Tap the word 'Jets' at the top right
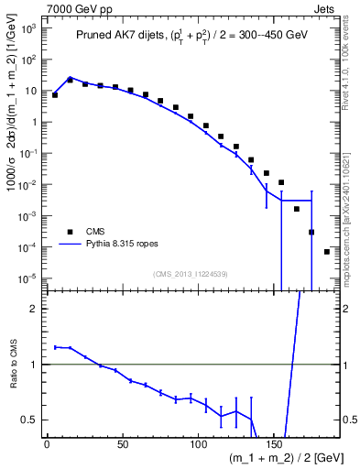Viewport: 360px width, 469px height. [326, 7]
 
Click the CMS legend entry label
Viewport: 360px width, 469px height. [95, 232]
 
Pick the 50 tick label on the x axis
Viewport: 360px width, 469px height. [122, 445]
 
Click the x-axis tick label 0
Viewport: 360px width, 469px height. [47, 445]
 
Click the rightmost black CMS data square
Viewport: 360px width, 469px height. [327, 251]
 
